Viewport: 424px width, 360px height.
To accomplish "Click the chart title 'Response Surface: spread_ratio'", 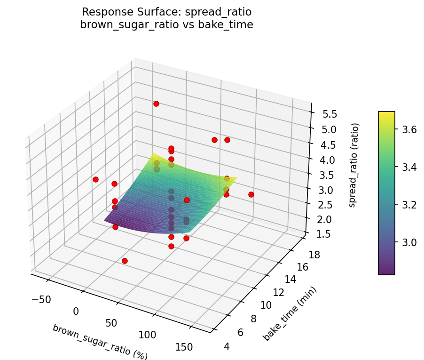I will coord(166,12).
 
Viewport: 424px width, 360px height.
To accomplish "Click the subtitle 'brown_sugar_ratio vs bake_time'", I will coord(166,25).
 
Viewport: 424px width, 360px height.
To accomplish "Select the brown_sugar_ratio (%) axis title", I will coord(100,342).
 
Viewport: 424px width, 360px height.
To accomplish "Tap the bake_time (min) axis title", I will coord(290,313).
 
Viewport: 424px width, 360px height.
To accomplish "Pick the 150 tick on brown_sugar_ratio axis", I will coord(183,347).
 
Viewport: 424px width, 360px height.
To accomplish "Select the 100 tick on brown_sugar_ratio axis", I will coord(148,335).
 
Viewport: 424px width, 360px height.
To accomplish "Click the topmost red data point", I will coord(156,104).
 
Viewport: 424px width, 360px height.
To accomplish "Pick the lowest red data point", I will coord(125,261).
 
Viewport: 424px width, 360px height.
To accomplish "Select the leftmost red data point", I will coord(95,179).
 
